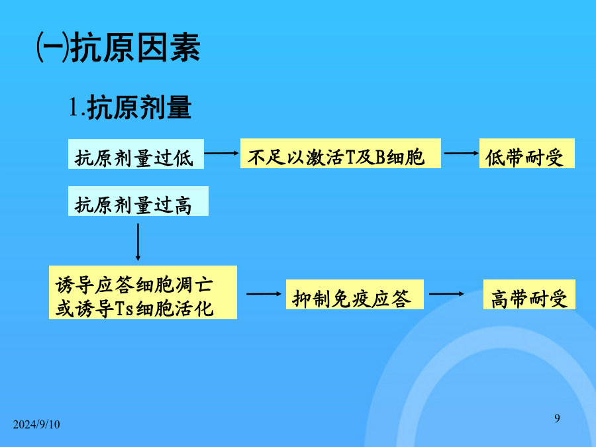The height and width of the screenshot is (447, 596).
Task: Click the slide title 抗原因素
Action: (135, 48)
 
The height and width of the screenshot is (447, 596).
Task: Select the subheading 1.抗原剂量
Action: (130, 107)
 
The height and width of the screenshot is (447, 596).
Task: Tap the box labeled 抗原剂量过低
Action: (136, 154)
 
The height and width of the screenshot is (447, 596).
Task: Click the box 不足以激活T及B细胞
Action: (340, 153)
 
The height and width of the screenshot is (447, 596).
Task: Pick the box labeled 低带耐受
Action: (527, 153)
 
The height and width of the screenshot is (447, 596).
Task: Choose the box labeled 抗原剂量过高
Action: (138, 201)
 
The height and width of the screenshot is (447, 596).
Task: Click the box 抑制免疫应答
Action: (355, 294)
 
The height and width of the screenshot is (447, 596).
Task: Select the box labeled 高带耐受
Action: (529, 294)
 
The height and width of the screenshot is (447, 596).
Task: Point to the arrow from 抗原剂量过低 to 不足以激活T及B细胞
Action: (222, 153)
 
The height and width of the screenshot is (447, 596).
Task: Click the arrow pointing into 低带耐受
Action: (462, 153)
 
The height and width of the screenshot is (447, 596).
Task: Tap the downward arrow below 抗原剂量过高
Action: (138, 242)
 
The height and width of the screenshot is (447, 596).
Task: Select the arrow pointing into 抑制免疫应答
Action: (264, 294)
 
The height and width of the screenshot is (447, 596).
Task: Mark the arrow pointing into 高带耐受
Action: (446, 294)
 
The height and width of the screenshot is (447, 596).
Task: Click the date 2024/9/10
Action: (36, 424)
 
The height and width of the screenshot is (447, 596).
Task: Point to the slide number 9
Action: (557, 418)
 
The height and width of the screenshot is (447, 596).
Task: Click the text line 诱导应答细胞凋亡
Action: (134, 284)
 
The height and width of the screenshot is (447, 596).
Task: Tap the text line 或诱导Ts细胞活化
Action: (134, 308)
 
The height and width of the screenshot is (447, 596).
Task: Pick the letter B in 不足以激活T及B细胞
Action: (381, 157)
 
